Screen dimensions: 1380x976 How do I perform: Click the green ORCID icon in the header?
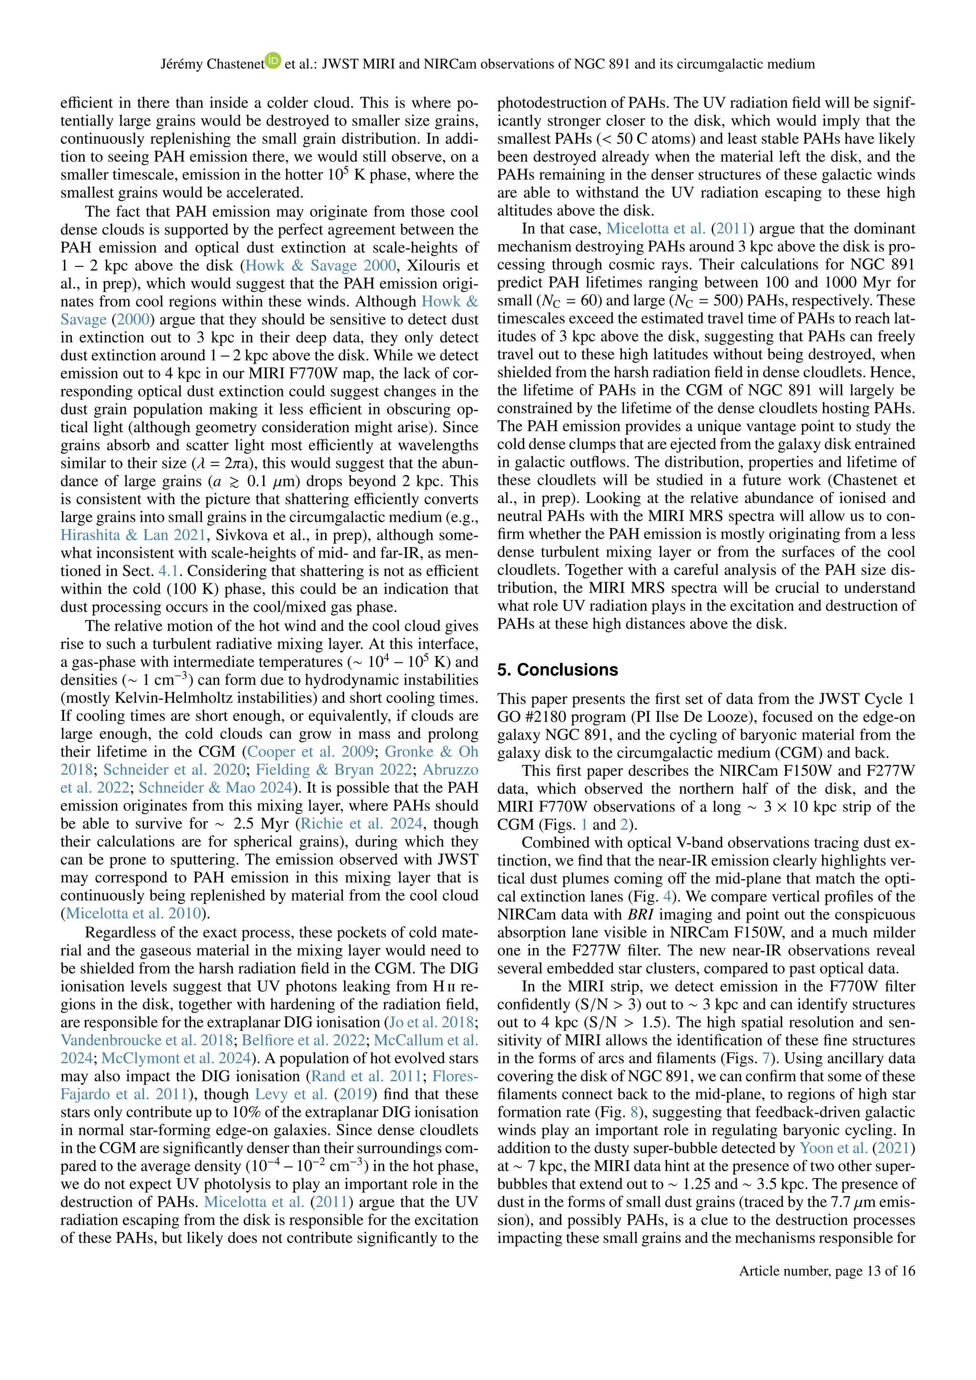click(x=274, y=60)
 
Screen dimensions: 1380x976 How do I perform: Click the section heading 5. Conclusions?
click(x=557, y=670)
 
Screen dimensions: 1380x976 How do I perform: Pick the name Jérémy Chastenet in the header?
click(x=212, y=64)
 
